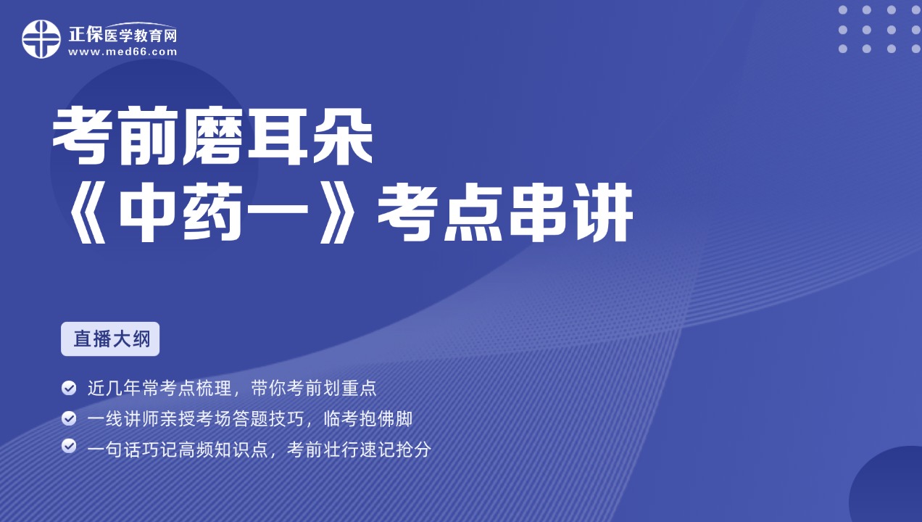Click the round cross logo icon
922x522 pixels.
41,39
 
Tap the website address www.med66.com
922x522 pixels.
122,52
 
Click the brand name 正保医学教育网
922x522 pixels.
122,35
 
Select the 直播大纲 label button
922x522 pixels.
110,339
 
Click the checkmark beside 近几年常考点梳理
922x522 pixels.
69,388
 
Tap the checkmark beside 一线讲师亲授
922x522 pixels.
69,418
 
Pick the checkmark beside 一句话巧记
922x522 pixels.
69,446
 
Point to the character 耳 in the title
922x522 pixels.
278,136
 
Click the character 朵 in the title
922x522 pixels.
342,136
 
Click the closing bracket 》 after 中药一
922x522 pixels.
339,213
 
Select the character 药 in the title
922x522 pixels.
214,212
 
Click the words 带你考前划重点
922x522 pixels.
314,388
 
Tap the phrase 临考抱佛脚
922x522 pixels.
368,418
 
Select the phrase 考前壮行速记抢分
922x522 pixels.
359,449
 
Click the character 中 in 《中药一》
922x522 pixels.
149,212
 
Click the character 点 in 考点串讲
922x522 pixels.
473,212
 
